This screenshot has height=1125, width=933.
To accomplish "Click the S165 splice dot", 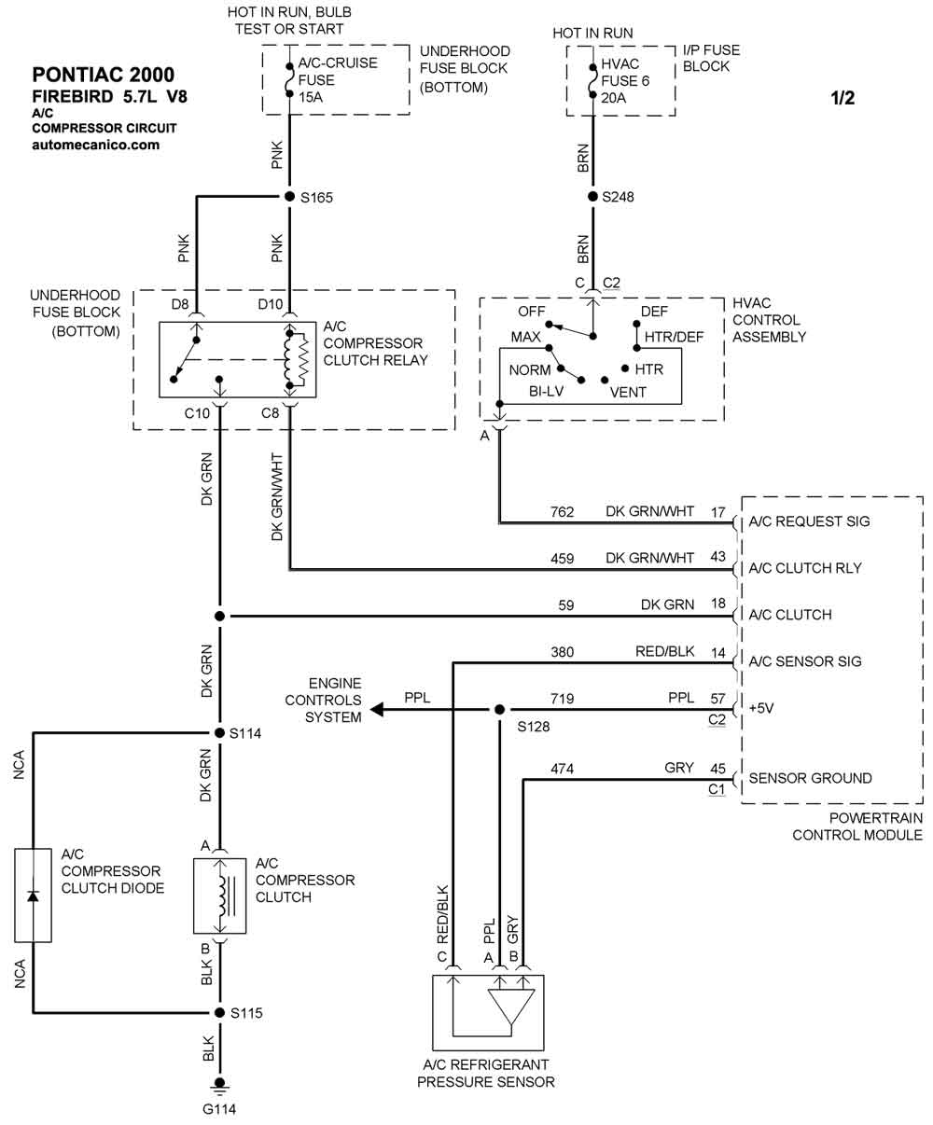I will (x=289, y=197).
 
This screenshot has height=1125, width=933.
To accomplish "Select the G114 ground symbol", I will (x=220, y=1084).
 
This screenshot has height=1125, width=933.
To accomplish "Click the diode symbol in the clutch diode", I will (x=34, y=896).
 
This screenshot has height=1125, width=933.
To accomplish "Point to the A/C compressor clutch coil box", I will (x=220, y=896).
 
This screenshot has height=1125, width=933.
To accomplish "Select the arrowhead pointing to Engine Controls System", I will (x=378, y=710).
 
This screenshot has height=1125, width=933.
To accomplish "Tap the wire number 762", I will (x=562, y=511).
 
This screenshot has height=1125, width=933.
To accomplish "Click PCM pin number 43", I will (x=717, y=558).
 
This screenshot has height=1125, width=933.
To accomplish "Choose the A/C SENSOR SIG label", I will (x=805, y=661).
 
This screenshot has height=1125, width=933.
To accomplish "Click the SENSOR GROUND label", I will (x=810, y=778).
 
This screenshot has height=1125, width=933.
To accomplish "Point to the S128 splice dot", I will (x=499, y=710).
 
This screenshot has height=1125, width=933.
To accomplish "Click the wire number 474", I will (x=562, y=769).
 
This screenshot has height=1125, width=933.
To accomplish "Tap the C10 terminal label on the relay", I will (x=198, y=412).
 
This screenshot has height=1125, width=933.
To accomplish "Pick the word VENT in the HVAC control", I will (x=628, y=392).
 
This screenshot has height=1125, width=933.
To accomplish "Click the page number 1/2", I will (x=842, y=98).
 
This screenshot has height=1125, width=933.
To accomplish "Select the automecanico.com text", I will (x=95, y=145).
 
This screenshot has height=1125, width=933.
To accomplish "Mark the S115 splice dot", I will (x=220, y=1012).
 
